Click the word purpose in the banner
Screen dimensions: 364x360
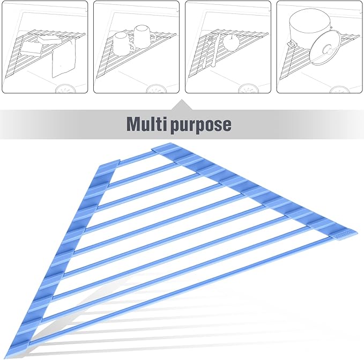pos(201,126)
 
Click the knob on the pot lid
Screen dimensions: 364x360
pos(329,50)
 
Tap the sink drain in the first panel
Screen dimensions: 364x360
pos(66,89)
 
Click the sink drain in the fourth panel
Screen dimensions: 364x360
pos(339,90)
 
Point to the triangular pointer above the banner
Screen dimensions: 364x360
pos(182,105)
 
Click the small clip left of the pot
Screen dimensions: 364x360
pos(291,42)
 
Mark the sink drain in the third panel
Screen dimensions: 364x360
pos(248,89)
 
